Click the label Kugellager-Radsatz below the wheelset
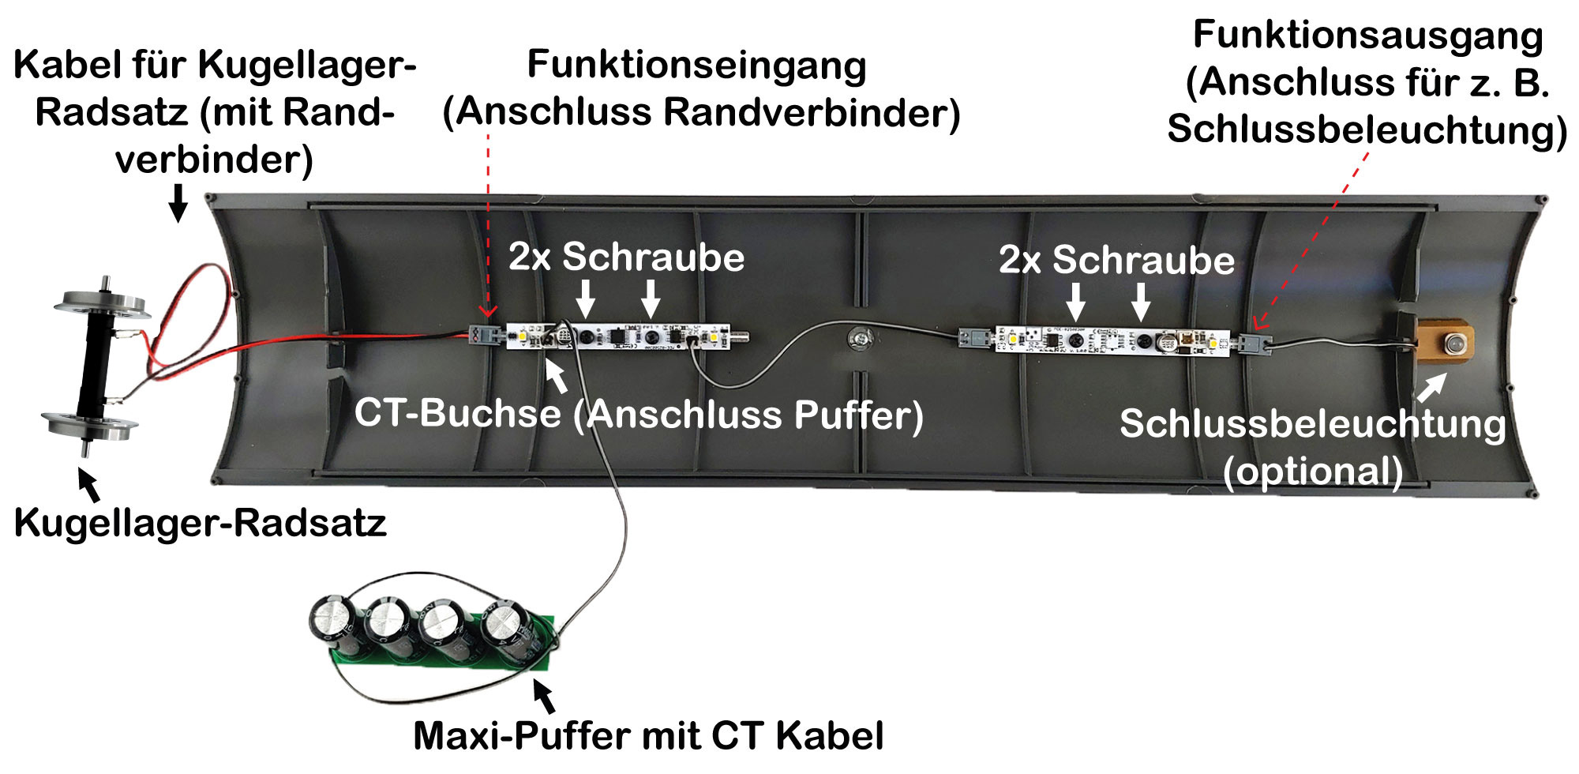(x=201, y=523)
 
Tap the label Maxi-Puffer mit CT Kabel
(x=648, y=735)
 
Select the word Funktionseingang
(x=696, y=65)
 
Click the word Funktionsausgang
(x=1367, y=36)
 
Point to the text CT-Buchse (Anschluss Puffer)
(x=639, y=414)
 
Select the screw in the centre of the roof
(x=860, y=339)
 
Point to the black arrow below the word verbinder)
(x=179, y=202)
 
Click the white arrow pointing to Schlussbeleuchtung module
(x=1431, y=386)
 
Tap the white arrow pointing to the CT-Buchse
(x=557, y=375)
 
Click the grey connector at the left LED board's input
(x=483, y=336)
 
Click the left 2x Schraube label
(x=626, y=257)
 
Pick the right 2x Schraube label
(x=1116, y=260)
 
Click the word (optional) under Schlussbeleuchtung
(x=1312, y=472)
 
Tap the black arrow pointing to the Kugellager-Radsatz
(x=89, y=484)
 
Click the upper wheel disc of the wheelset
(x=103, y=304)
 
